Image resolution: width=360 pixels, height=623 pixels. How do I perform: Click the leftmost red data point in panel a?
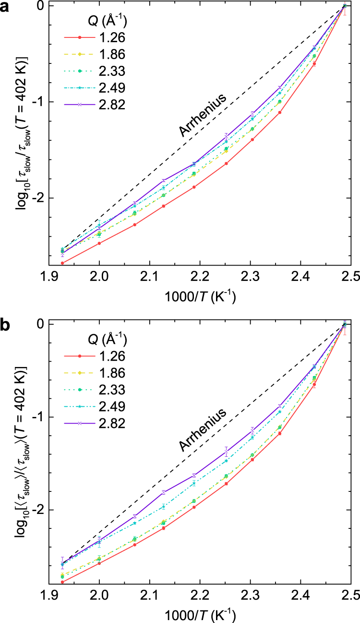[x=62, y=263]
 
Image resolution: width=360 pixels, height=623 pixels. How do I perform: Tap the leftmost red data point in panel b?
[x=62, y=582]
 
